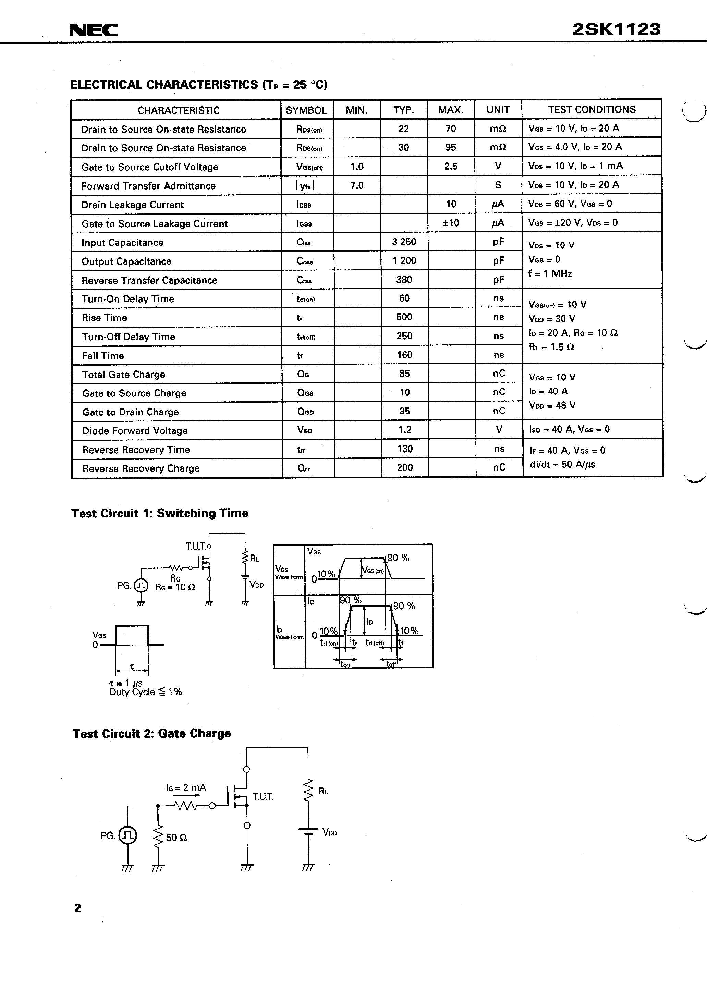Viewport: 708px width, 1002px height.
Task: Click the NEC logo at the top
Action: coord(94,30)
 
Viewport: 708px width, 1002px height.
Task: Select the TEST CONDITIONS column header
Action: coord(591,110)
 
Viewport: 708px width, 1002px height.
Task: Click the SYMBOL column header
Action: coord(306,110)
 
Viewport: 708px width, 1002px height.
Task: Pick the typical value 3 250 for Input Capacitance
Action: coord(404,242)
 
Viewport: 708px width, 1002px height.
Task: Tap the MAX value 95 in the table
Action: coord(450,147)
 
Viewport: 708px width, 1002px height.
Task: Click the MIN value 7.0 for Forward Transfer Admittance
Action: coord(357,185)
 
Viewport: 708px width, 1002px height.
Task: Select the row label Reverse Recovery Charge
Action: coord(141,468)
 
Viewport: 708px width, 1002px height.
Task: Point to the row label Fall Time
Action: coord(103,356)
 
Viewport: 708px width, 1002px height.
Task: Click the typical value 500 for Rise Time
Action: coord(404,317)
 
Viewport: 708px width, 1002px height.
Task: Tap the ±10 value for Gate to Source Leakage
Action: coord(450,223)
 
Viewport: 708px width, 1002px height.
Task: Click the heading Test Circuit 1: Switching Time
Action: coord(160,513)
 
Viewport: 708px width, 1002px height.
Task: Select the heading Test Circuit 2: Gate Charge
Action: coord(151,734)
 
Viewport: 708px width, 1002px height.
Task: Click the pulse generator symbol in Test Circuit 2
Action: coord(127,835)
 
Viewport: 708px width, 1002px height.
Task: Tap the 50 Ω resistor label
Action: coord(176,838)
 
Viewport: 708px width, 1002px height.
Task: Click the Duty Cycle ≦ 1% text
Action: coord(145,692)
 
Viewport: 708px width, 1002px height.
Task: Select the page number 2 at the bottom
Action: coord(78,908)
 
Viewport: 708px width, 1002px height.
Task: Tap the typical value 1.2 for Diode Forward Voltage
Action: coord(405,430)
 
